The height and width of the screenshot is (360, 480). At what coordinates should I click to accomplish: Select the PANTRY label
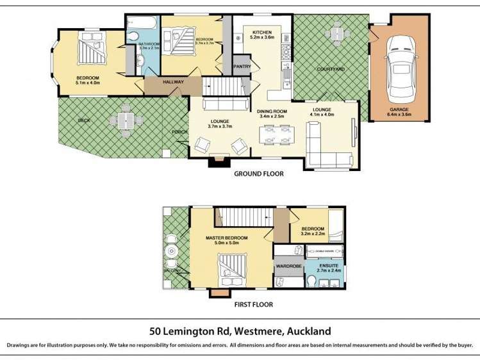coord(242,66)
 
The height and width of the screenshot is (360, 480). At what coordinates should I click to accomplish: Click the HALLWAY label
coord(173,82)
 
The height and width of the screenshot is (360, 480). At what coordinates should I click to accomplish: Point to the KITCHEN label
coord(262,32)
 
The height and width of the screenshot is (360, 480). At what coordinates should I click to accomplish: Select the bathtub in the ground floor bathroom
coord(140,23)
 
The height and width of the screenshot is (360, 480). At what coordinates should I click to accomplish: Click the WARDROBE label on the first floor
coord(288,265)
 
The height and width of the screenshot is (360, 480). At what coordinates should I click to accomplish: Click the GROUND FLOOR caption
coord(258,174)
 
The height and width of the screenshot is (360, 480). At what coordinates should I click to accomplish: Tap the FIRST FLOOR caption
coord(254,304)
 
